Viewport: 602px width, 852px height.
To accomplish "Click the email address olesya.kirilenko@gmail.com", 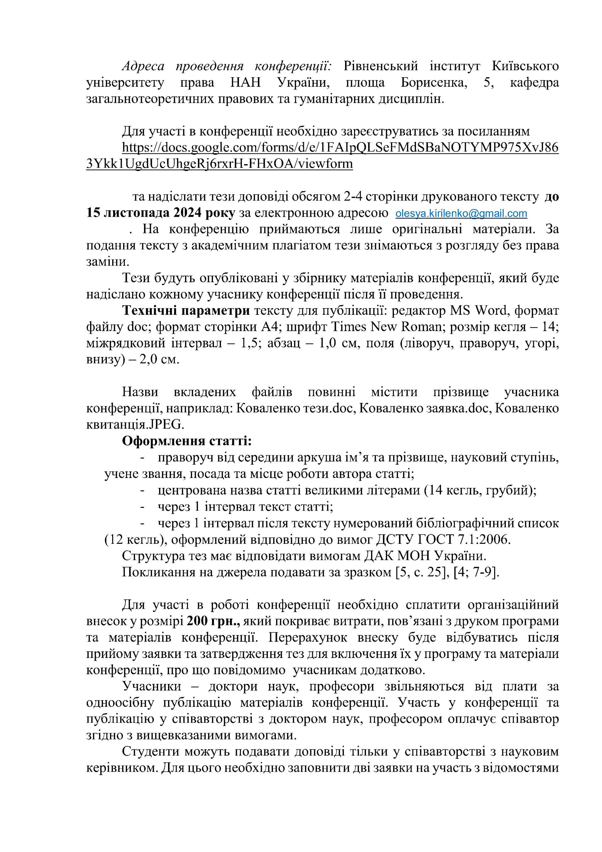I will click(461, 214).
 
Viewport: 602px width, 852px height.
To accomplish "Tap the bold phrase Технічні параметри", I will click(186, 310).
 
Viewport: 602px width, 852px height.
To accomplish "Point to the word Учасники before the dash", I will click(151, 687).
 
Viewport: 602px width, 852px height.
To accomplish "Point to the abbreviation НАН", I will click(245, 83).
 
